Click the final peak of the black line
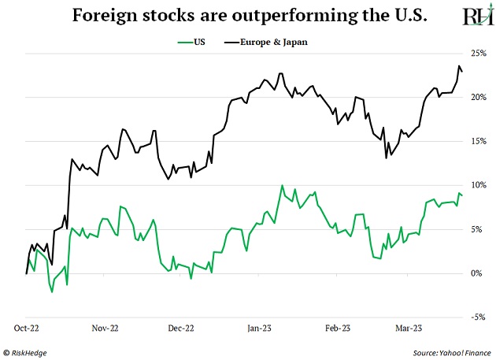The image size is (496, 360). (459, 66)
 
